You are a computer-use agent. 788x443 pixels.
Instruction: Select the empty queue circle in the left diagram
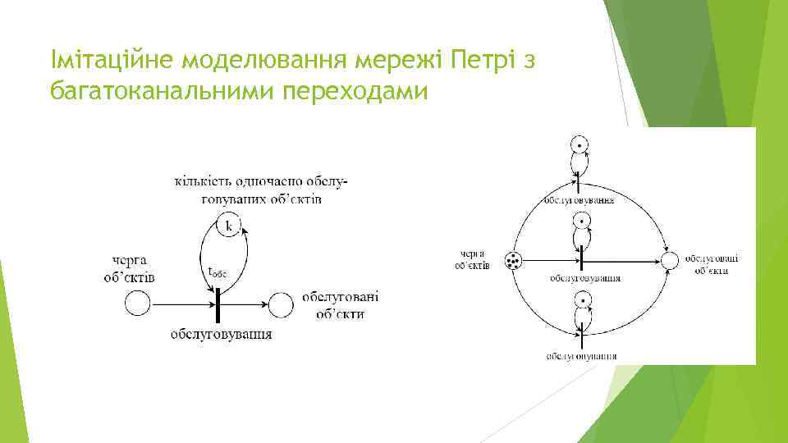(137, 306)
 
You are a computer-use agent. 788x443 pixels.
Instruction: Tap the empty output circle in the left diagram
(282, 306)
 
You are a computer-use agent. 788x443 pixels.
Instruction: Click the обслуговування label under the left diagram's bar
(222, 335)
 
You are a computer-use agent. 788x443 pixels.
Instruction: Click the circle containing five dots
(515, 261)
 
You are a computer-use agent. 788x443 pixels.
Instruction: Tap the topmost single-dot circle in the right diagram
(580, 146)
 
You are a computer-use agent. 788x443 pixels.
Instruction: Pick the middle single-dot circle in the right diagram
(580, 221)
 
